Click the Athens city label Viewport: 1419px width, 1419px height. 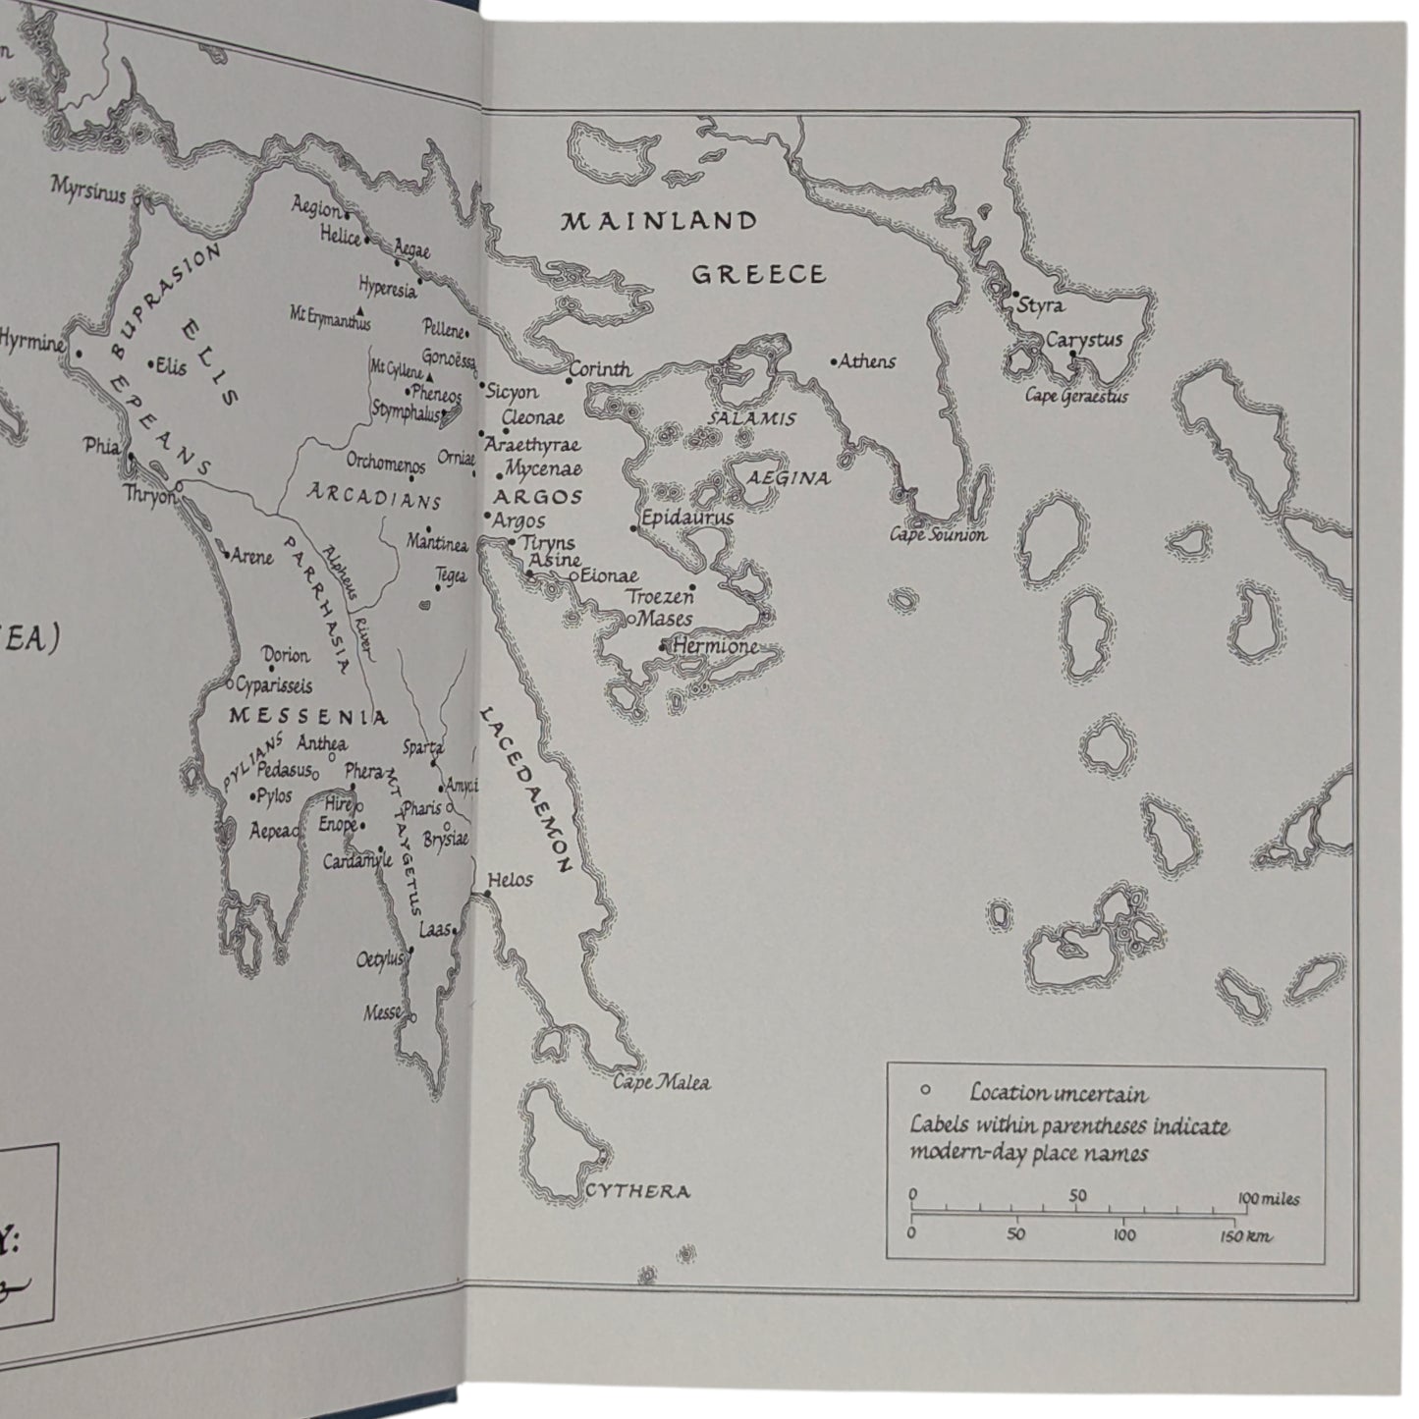[868, 361]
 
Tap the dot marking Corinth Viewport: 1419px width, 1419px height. [570, 380]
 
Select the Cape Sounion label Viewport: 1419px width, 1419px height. [938, 535]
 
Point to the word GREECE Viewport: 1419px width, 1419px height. [758, 274]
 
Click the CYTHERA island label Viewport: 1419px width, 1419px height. [637, 1192]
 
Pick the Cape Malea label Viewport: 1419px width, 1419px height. [661, 1083]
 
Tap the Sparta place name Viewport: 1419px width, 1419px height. [423, 747]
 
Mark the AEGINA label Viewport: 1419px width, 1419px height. [789, 478]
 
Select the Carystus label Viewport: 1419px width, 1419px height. [1083, 340]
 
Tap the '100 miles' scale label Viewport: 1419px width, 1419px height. [1269, 1198]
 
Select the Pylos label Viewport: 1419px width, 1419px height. [274, 795]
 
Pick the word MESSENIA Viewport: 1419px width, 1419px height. [307, 716]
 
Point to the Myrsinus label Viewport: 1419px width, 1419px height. [88, 190]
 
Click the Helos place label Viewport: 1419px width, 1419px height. [511, 880]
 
